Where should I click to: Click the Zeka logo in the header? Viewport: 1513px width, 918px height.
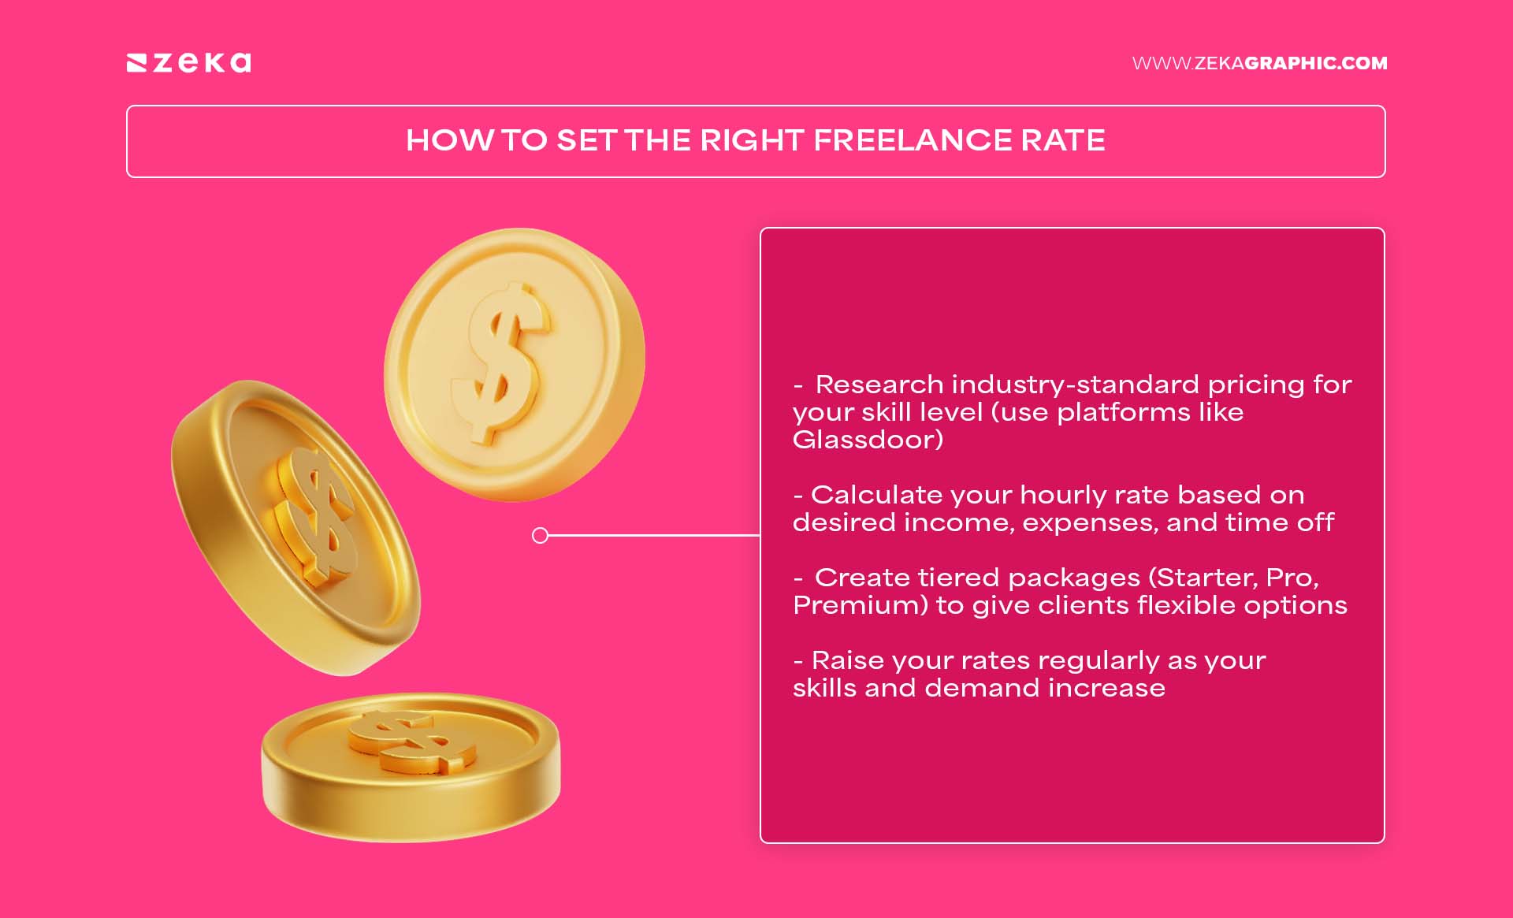(x=189, y=62)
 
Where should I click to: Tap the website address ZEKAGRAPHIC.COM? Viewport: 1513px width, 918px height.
(x=1259, y=63)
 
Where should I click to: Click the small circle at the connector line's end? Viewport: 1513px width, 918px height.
(x=540, y=536)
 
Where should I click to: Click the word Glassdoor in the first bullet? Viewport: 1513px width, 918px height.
(x=868, y=440)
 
